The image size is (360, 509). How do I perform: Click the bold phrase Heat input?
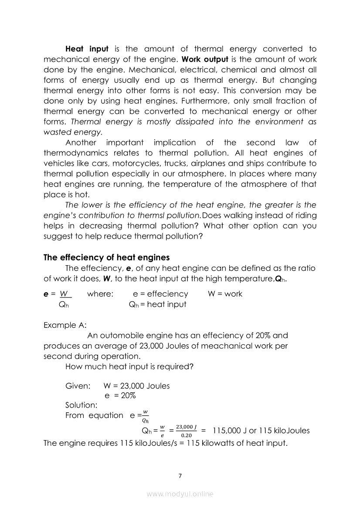[x=87, y=49]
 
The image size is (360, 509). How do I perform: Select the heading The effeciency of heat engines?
[x=107, y=257]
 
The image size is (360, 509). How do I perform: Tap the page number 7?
[x=180, y=475]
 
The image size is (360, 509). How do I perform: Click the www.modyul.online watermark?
[x=180, y=494]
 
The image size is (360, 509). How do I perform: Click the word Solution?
[x=81, y=405]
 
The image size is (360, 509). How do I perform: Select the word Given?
[x=78, y=386]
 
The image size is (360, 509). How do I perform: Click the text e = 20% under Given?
[x=120, y=395]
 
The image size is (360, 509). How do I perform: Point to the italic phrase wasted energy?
[x=73, y=132]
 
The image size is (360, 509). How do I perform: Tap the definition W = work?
[x=225, y=294]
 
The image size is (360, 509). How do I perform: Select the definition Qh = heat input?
[x=157, y=304]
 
